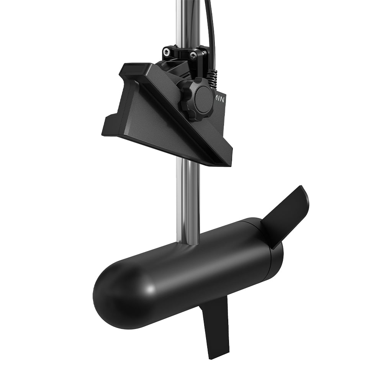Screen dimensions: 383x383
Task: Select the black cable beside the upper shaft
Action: [x=210, y=23]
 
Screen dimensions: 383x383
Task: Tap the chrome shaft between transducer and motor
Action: [x=188, y=199]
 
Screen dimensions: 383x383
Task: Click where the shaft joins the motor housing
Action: [x=188, y=245]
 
